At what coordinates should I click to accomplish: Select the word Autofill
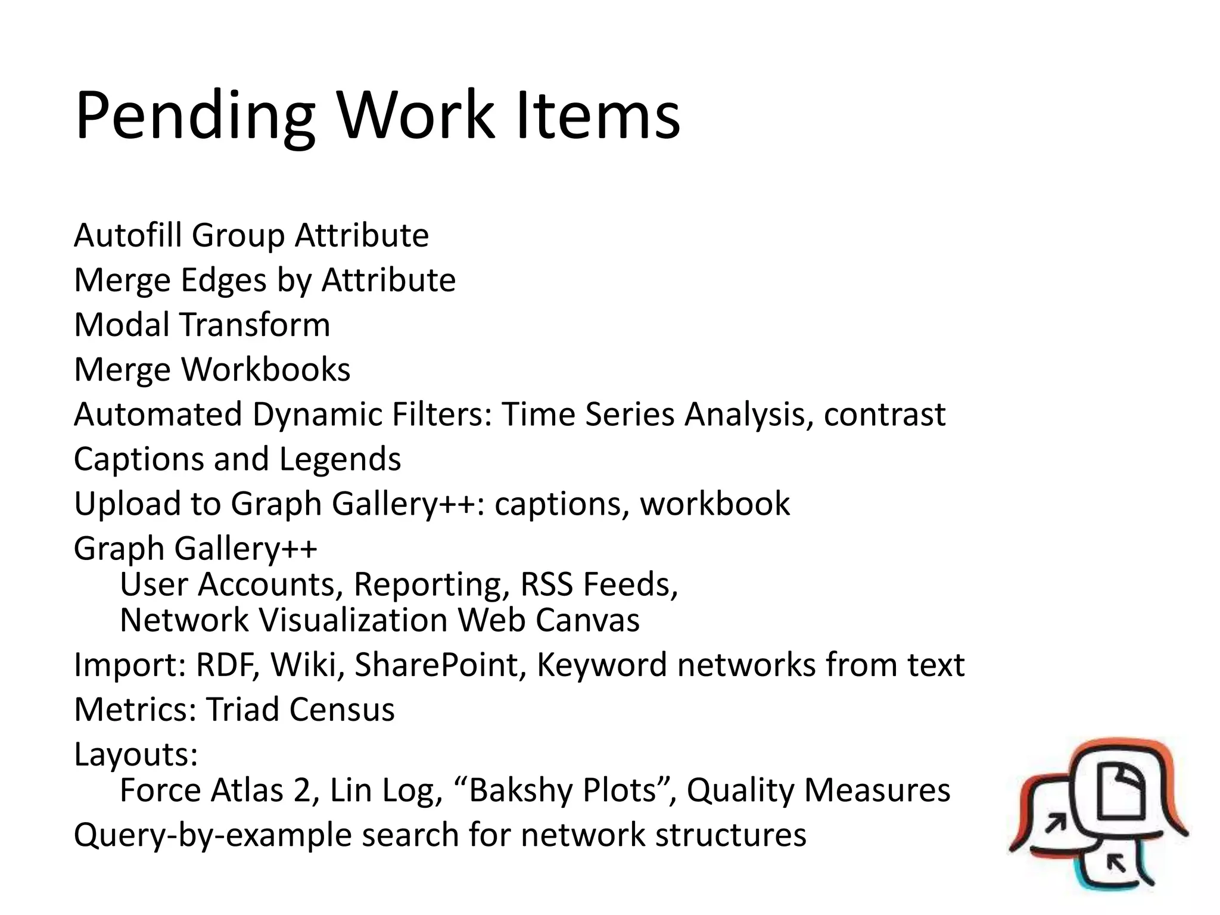[127, 235]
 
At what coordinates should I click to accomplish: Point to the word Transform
[255, 325]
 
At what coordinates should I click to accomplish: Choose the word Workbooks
[266, 369]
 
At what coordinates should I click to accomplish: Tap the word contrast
[884, 415]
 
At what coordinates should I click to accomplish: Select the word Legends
[340, 459]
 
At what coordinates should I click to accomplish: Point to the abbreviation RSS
[547, 584]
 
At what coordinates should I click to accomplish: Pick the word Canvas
[587, 620]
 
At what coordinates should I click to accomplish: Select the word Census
[342, 709]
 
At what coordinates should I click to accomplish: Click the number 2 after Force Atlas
[302, 790]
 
